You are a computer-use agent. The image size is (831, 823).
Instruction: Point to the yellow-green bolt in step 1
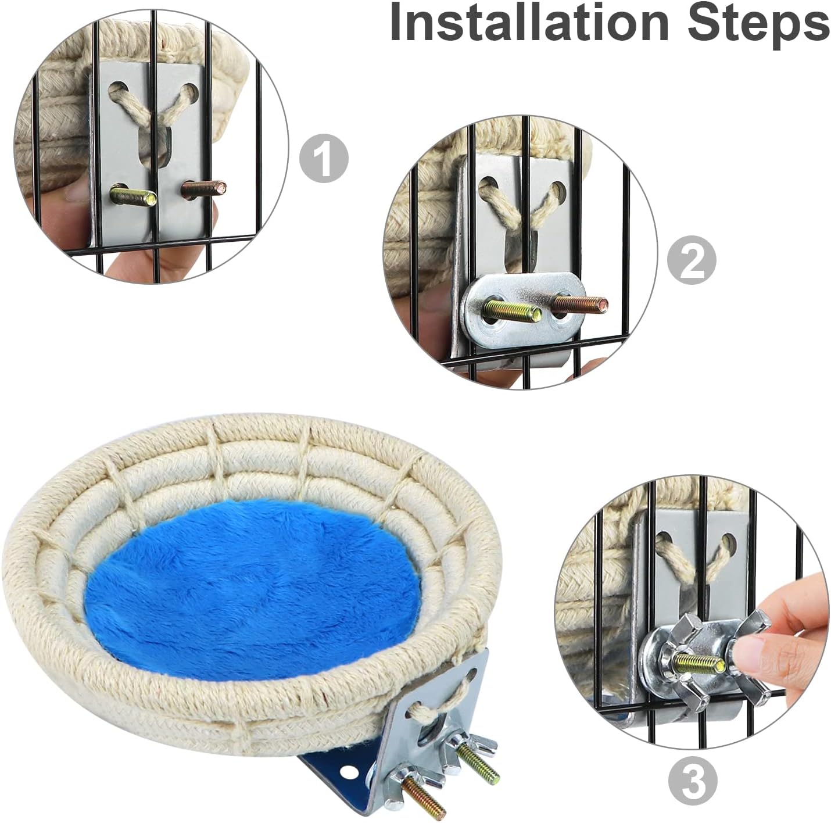[133, 196]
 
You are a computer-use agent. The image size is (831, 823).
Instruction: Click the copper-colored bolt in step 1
[203, 188]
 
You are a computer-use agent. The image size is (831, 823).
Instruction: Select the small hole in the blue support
[349, 772]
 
